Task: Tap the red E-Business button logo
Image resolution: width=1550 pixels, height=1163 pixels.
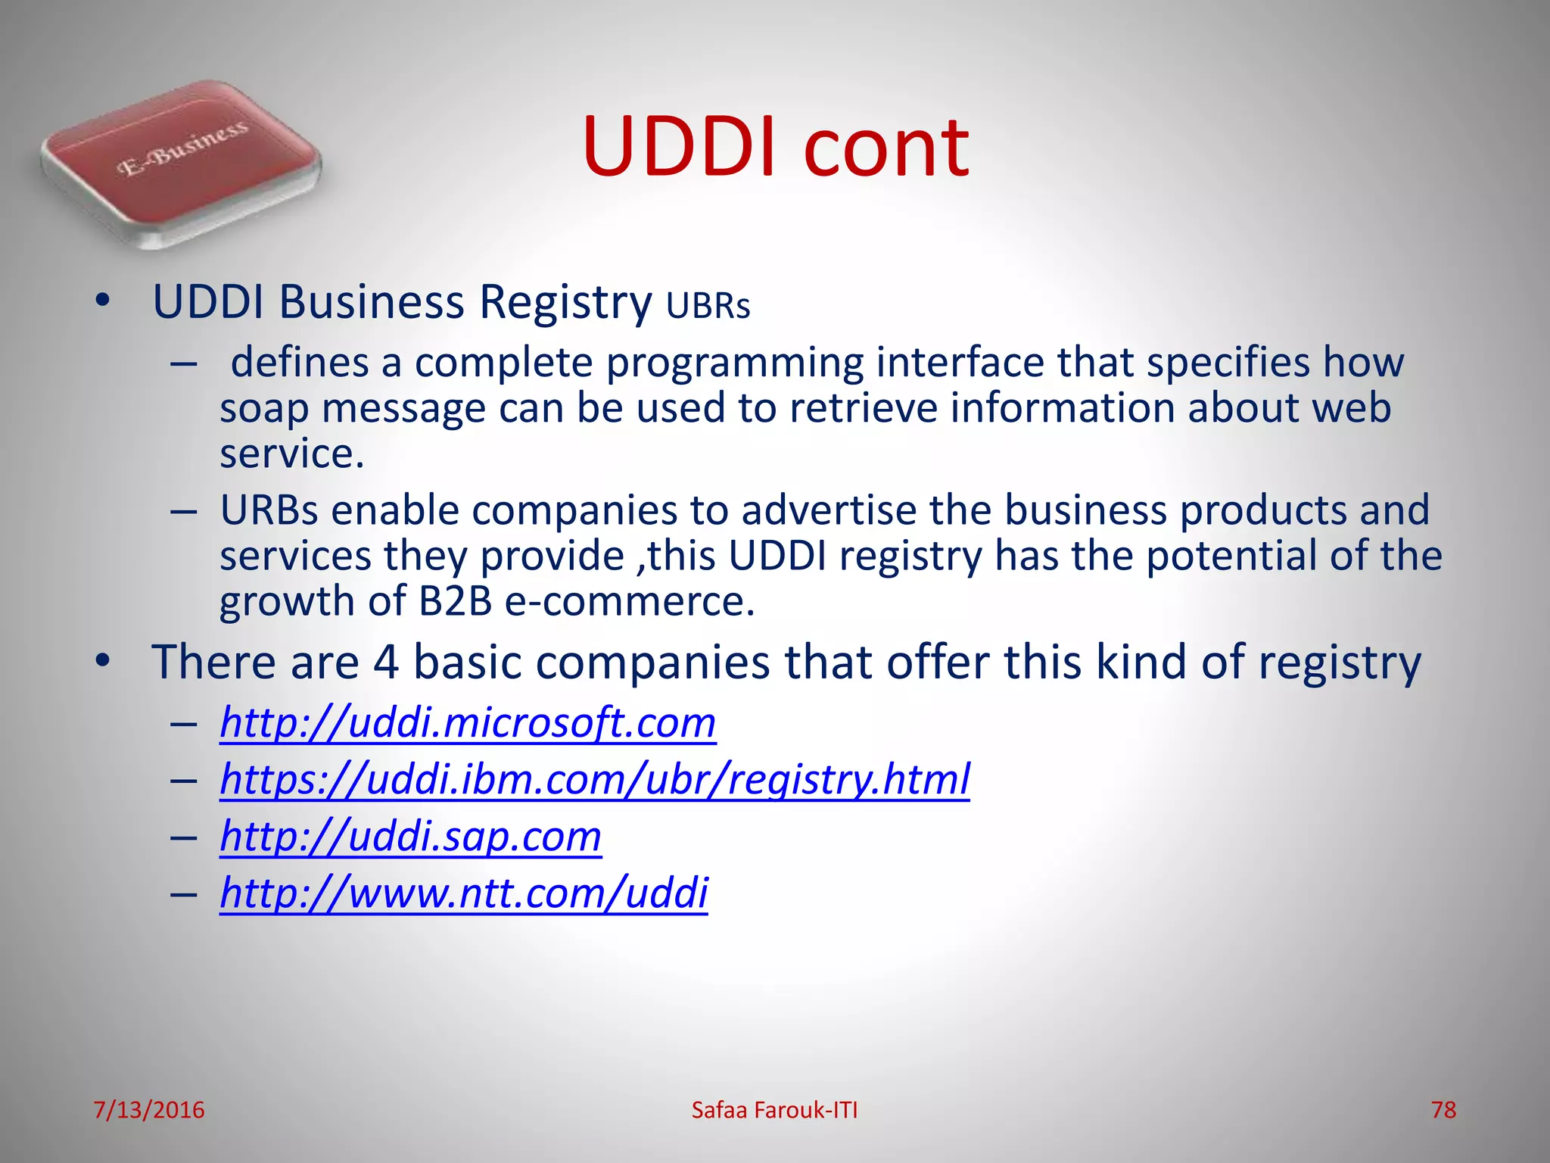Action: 182,163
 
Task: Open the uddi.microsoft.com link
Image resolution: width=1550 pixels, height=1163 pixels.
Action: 468,723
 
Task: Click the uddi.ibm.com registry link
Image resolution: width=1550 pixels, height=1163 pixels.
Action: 595,780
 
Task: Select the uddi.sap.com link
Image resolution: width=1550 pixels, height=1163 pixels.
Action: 410,837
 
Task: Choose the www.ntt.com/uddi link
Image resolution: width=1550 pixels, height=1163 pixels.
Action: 463,893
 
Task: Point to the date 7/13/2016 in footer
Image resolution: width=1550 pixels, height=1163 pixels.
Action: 149,1110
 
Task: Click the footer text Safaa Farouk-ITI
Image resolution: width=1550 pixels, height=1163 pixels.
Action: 774,1110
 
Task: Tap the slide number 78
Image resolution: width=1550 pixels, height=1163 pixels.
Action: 1443,1110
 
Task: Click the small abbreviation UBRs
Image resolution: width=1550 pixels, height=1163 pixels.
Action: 708,307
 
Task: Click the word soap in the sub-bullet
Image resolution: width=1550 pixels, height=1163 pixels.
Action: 264,409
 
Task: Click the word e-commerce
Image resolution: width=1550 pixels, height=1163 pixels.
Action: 630,602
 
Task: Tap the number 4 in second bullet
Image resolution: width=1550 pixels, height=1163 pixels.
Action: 386,663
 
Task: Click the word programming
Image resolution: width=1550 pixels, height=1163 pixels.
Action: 734,363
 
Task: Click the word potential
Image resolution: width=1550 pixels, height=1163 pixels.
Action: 1231,557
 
